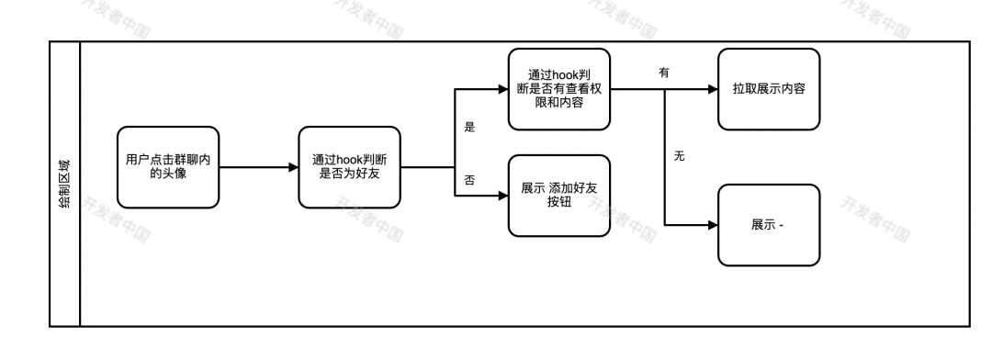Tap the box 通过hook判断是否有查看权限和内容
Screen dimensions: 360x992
559,88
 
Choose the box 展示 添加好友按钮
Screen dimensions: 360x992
559,195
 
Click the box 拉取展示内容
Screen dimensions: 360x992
769,88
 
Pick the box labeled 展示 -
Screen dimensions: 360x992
769,225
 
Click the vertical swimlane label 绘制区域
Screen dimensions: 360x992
64,183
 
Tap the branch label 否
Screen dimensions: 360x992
469,181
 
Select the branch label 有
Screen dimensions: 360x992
664,72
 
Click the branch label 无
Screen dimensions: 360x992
680,157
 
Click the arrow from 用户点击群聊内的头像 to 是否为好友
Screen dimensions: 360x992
258,167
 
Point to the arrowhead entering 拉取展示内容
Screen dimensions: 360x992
713,90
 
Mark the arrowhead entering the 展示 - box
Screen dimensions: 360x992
713,225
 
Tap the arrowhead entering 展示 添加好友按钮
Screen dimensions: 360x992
502,195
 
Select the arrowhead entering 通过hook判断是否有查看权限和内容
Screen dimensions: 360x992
502,90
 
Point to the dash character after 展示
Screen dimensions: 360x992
782,226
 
